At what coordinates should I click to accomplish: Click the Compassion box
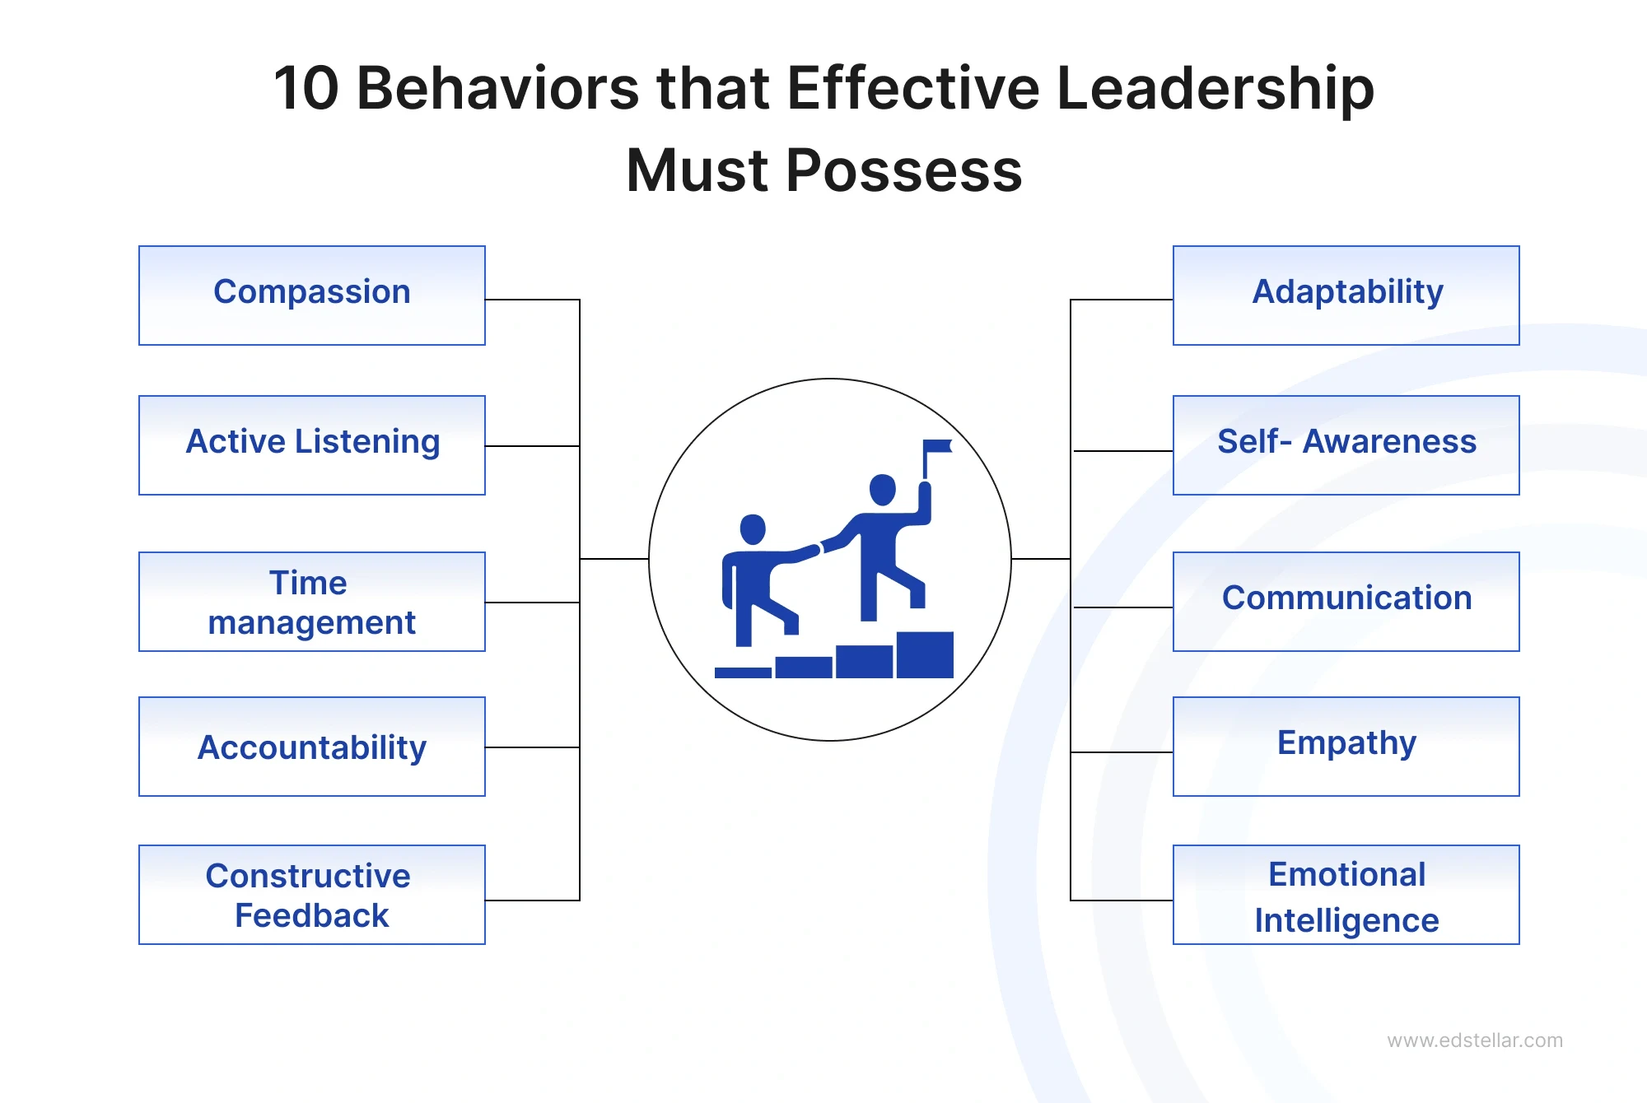312,295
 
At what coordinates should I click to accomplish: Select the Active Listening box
312,444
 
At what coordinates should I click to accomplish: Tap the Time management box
312,602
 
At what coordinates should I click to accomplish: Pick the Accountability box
312,747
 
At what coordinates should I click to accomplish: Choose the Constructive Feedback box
312,895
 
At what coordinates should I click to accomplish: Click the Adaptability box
1346,295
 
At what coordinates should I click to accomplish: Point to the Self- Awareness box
1346,444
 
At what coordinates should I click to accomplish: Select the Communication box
1346,602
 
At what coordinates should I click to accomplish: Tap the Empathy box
1346,747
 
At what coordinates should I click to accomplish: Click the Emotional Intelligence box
1346,895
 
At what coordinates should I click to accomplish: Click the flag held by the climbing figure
937,447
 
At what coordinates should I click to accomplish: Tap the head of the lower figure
753,529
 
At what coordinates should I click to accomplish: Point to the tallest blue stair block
924,655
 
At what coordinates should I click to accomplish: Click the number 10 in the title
306,88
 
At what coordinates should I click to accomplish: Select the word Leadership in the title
1215,88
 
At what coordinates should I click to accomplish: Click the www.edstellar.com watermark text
1474,1040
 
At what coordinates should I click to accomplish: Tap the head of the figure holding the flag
883,490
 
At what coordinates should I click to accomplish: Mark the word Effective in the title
913,88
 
